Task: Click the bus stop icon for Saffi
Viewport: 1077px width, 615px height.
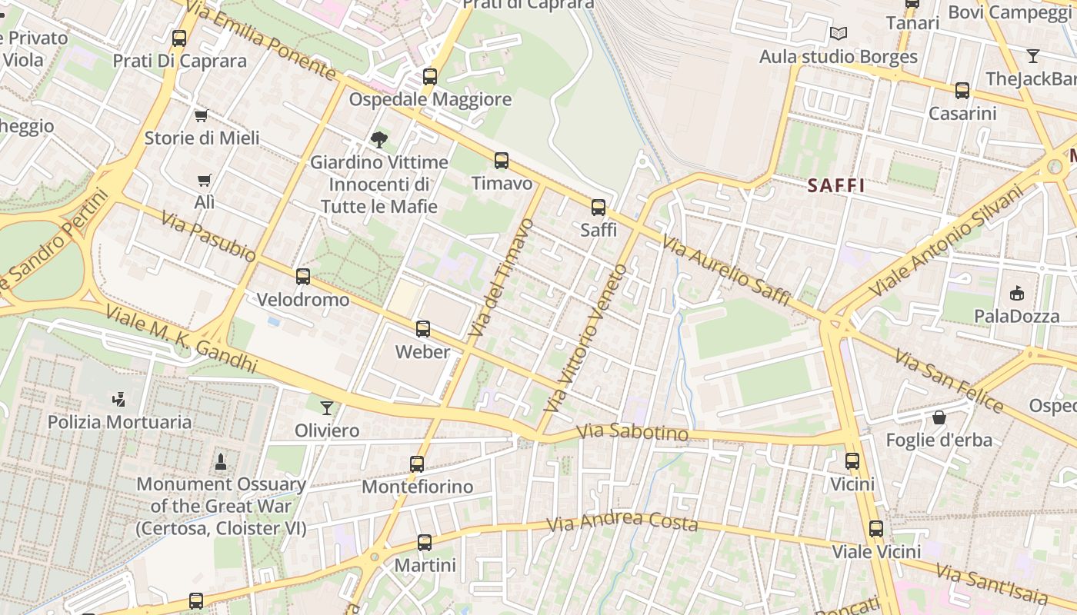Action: click(598, 207)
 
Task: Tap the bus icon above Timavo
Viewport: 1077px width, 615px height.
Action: click(502, 161)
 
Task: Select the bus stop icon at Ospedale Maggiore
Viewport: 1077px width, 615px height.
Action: click(430, 77)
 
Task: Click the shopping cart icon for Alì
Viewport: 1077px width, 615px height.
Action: click(204, 180)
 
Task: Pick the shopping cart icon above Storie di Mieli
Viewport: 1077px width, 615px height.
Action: click(202, 115)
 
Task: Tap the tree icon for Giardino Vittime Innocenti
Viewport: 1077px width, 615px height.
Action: click(378, 139)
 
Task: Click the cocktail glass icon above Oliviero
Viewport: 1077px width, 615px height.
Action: click(327, 407)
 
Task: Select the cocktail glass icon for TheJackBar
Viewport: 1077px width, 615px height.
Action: click(1033, 56)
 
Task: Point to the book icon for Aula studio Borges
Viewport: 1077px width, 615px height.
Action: click(838, 34)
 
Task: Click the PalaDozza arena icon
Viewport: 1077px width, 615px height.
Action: click(1017, 293)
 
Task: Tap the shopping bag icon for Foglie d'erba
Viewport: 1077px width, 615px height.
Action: click(939, 417)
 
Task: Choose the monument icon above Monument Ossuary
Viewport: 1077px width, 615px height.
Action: click(221, 461)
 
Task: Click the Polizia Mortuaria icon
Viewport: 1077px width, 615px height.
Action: click(118, 399)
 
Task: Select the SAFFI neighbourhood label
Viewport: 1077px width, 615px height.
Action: click(836, 185)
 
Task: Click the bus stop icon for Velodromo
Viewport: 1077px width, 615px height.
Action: click(303, 277)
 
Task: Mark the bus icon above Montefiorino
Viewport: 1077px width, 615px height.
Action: click(417, 464)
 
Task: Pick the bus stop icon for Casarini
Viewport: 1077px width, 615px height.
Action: click(962, 91)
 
